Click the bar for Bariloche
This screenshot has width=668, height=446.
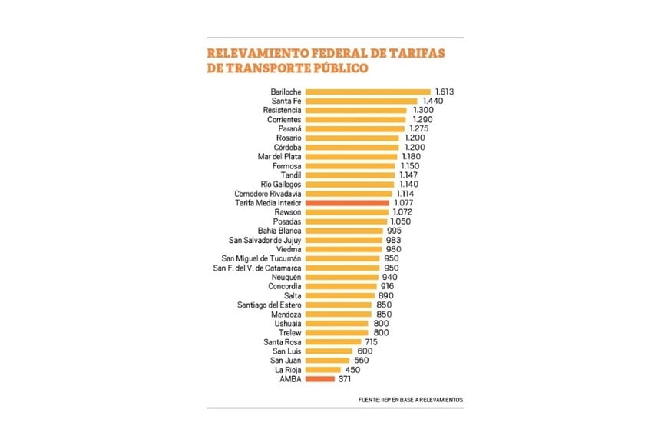pos(367,92)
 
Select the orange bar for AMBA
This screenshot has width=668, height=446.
pos(319,379)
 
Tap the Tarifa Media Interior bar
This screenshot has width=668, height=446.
pos(346,203)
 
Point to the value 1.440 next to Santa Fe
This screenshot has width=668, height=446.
pos(433,102)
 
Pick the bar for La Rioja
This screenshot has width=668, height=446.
pos(323,370)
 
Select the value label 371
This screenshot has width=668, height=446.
pos(347,379)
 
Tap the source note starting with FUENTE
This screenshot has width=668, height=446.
pos(411,400)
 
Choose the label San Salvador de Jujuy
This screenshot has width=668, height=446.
pos(260,240)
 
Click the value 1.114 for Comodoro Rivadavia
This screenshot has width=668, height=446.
pos(407,194)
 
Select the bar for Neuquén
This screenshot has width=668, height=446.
pos(342,277)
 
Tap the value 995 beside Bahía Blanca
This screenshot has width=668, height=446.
pos(394,231)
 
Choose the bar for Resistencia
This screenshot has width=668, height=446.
pos(355,111)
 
